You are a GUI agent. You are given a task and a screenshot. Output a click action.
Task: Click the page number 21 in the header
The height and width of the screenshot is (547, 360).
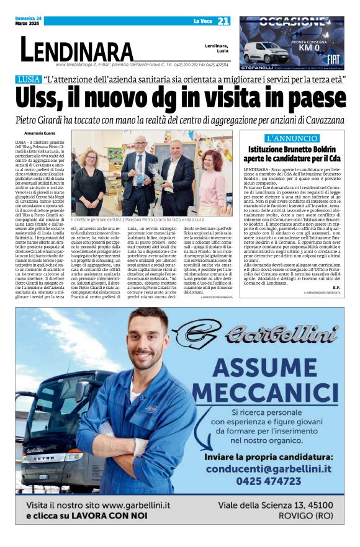click(x=223, y=21)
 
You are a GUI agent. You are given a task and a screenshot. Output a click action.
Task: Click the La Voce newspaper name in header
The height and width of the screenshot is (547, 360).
click(x=203, y=21)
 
